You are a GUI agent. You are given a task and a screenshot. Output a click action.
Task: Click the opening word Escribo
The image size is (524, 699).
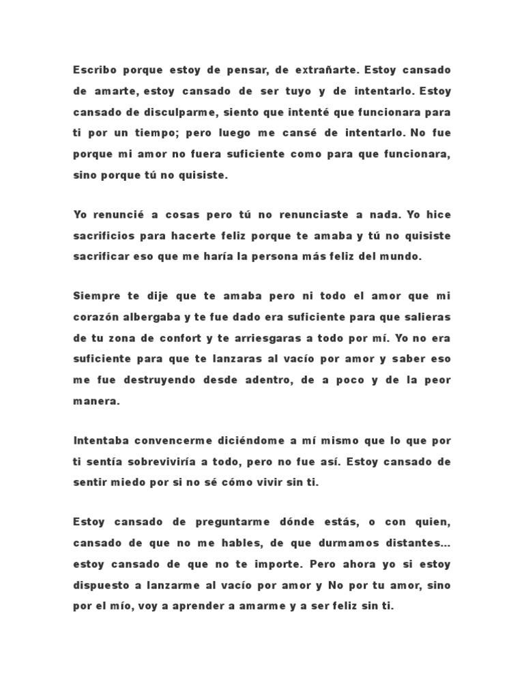click(93, 70)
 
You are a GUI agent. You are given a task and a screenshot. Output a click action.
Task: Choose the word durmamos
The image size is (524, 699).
click(355, 543)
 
